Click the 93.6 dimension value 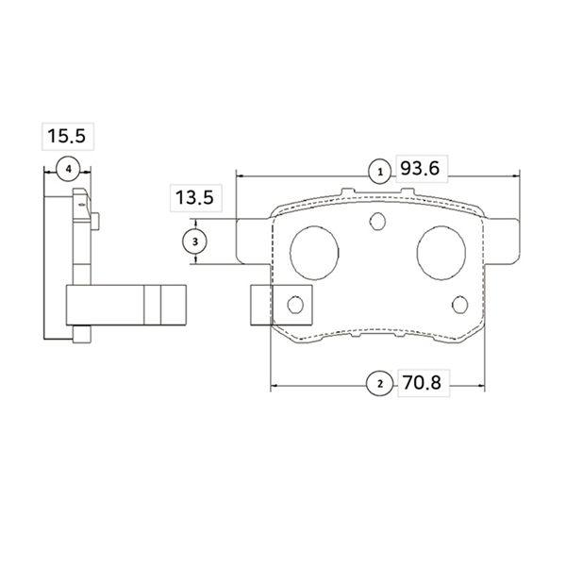[420, 169]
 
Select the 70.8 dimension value [422, 383]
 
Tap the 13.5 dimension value [194, 198]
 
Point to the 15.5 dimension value [67, 136]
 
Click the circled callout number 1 [380, 173]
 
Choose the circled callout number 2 [379, 384]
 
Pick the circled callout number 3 [195, 241]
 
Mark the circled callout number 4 [69, 169]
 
